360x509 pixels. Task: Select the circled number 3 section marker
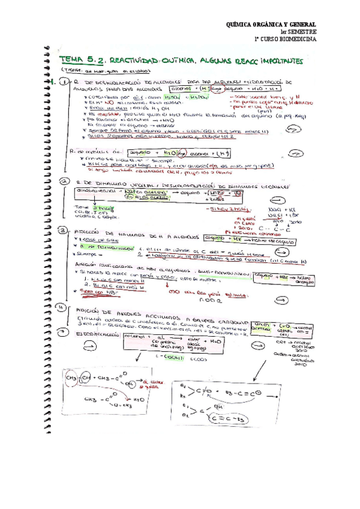62,230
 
